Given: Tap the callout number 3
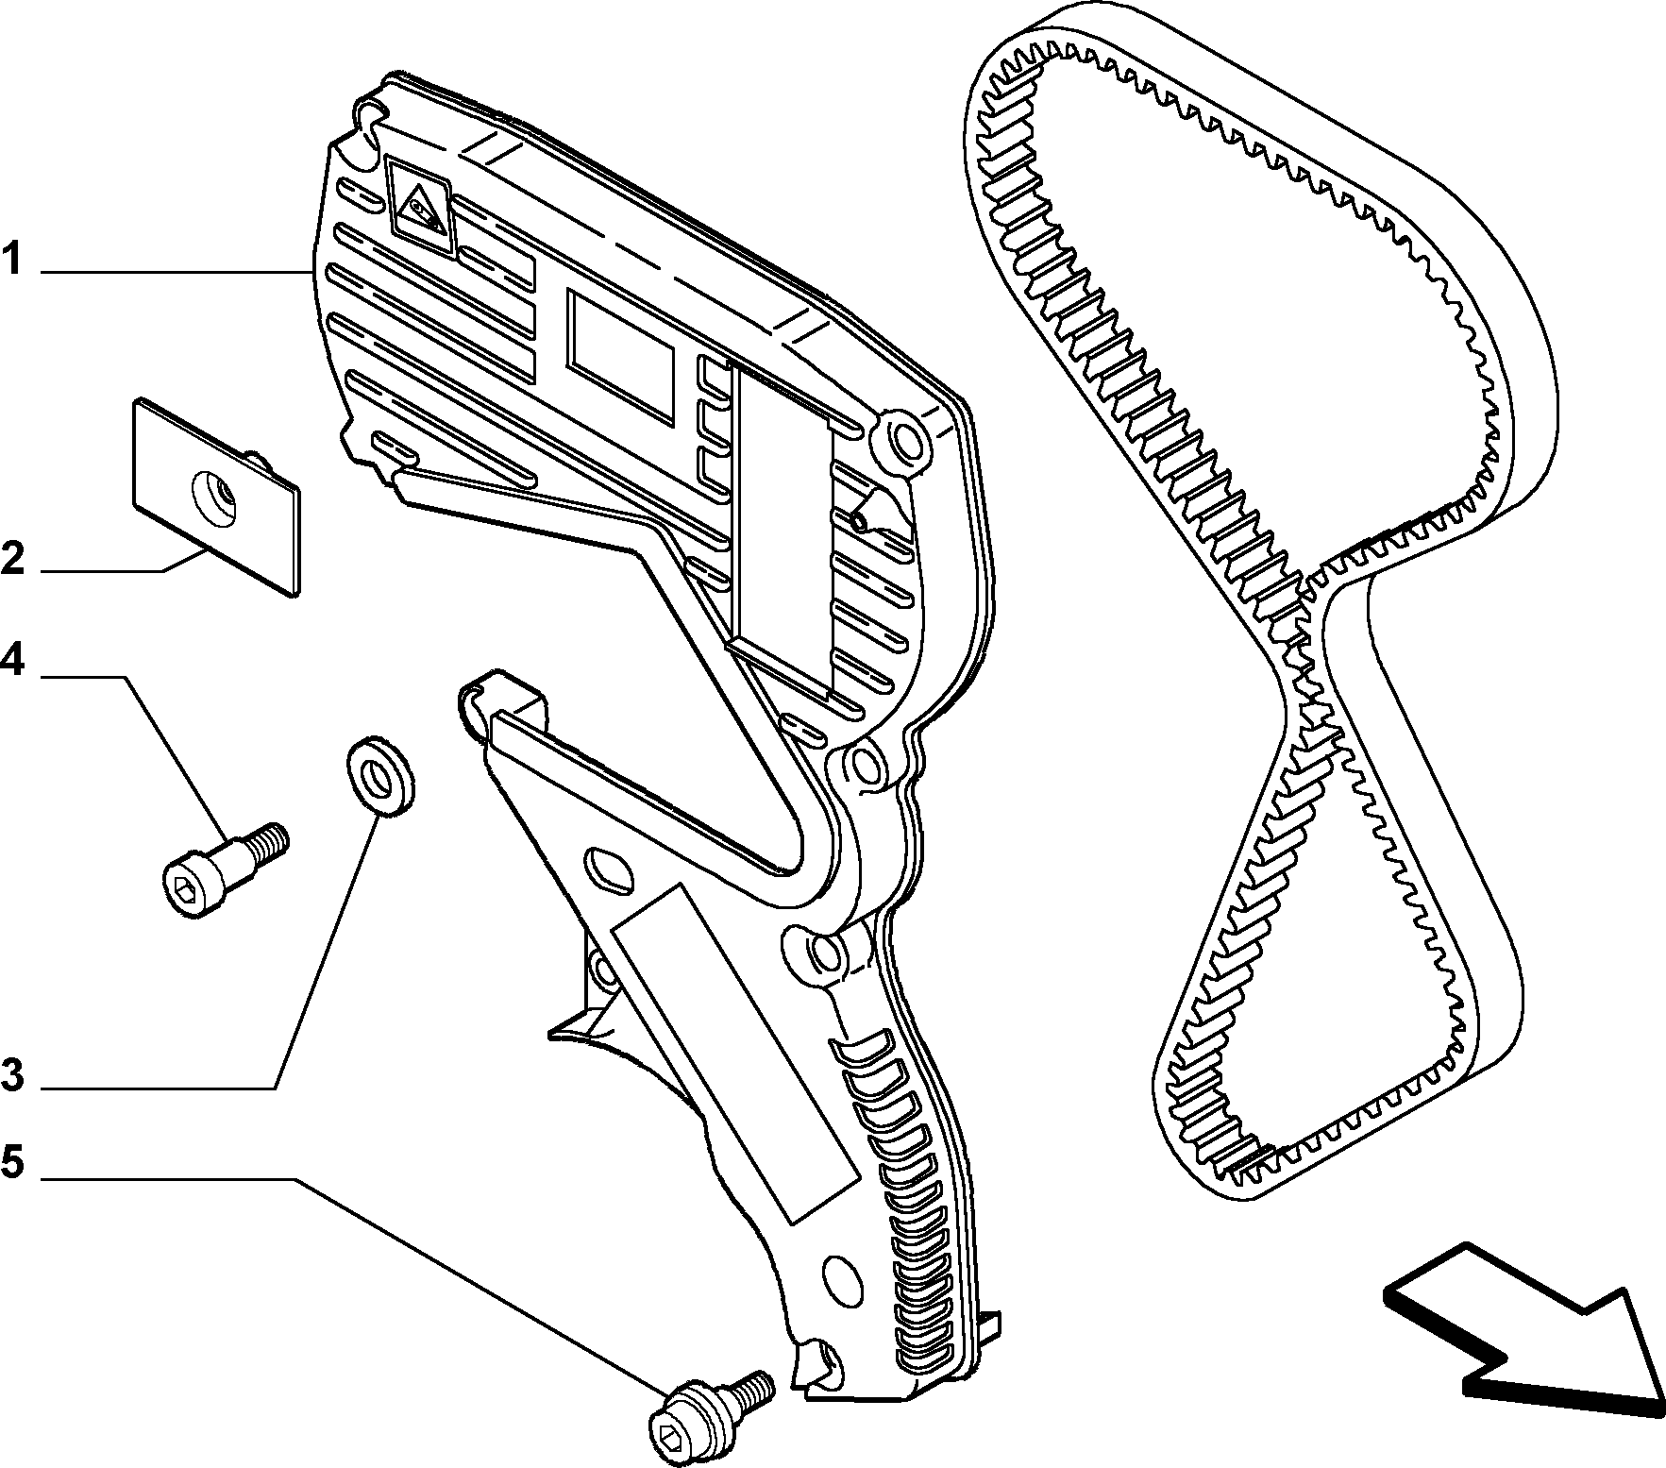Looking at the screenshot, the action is [12, 1074].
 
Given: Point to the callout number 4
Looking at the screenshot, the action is [12, 660].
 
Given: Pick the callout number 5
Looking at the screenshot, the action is [12, 1162].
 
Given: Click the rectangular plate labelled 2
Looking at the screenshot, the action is [216, 495].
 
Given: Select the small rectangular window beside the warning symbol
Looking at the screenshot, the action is [620, 354].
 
